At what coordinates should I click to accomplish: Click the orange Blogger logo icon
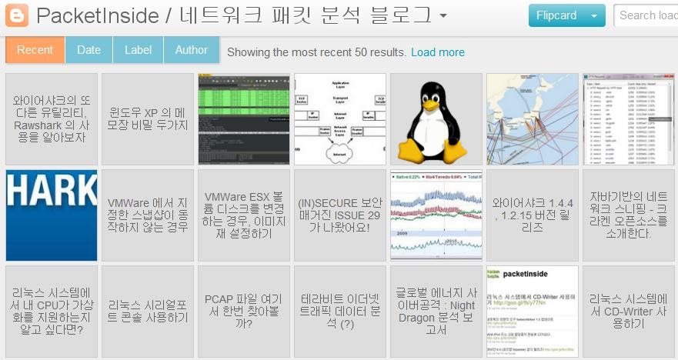pos(17,15)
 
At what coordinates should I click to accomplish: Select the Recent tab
pos(35,50)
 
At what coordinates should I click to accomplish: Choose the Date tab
pos(89,50)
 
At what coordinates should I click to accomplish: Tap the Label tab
pos(138,50)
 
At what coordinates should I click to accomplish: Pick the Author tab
pos(191,50)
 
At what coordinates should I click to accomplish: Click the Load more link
pos(438,52)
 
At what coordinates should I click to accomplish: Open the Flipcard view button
pos(556,15)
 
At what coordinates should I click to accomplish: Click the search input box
pos(646,15)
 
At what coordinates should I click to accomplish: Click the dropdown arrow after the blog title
pos(443,16)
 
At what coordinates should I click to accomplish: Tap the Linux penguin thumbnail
pos(436,118)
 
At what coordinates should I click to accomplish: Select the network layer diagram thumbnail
pos(340,118)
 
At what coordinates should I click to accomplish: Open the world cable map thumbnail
pos(533,118)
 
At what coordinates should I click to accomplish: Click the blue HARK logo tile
pos(52,215)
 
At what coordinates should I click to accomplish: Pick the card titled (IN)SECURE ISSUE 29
pos(340,215)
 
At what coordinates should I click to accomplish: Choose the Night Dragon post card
pos(436,311)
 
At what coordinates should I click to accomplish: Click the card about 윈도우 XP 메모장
pos(148,118)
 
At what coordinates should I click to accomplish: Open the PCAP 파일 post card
pos(244,311)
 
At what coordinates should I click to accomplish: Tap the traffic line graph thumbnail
pos(436,215)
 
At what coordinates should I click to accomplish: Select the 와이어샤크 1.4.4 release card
pos(533,215)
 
